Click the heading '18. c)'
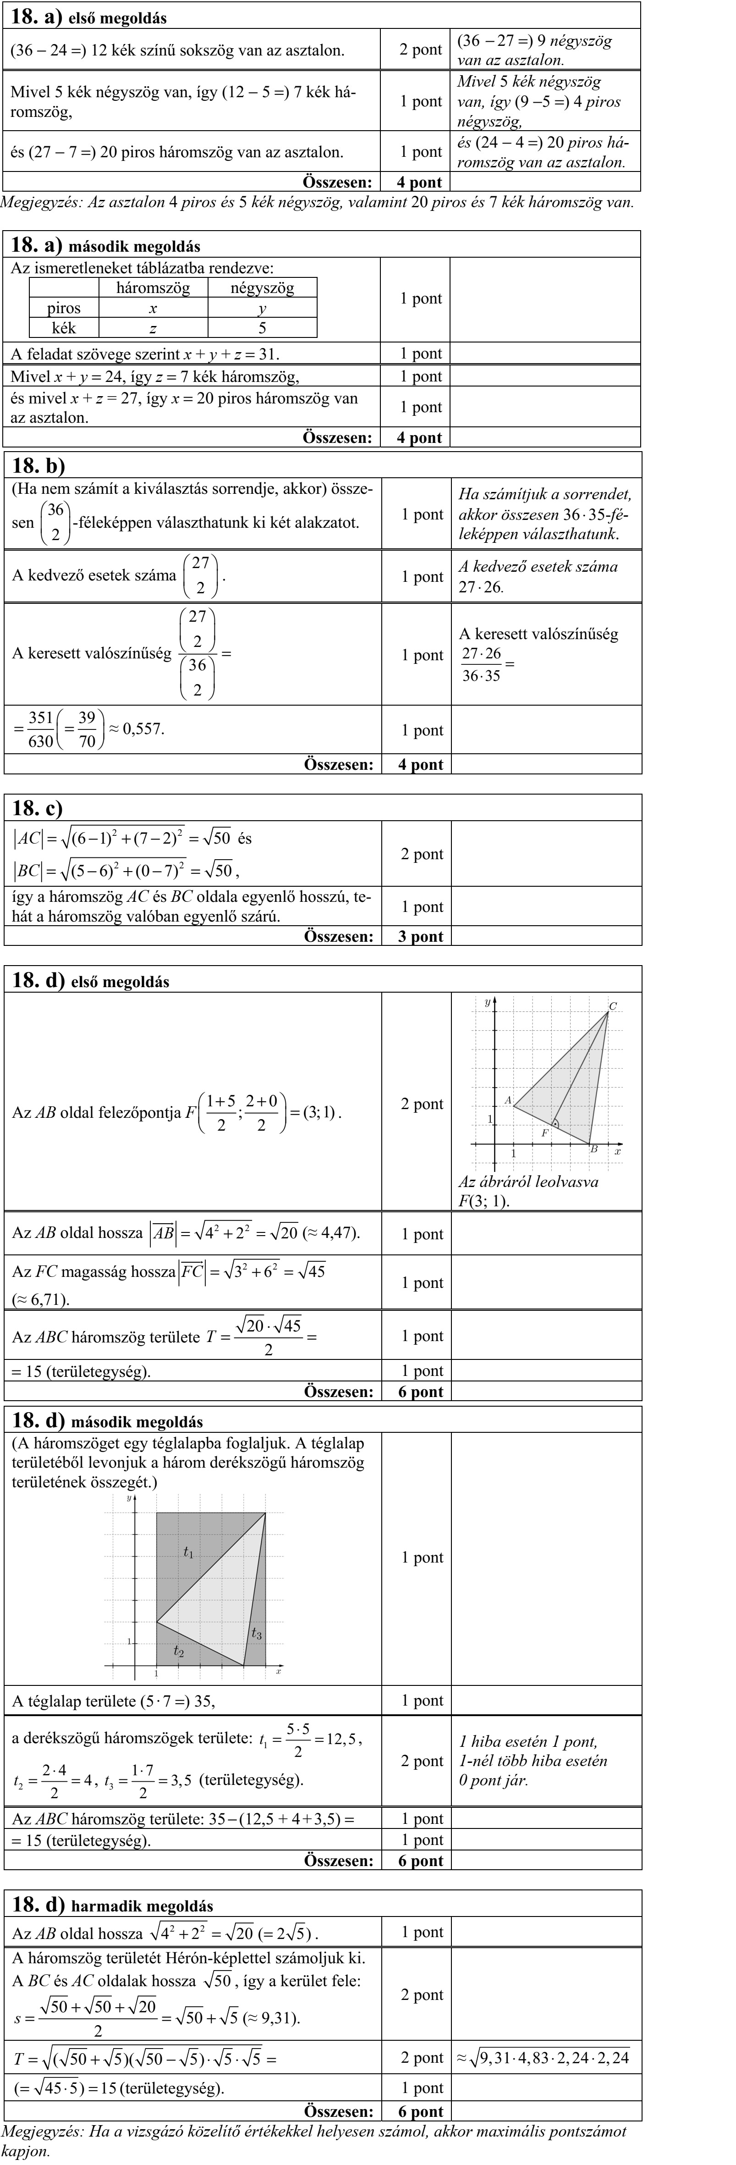38,808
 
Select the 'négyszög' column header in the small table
262,288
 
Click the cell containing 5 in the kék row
262,328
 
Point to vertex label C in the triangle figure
612,1006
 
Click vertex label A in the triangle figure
507,1099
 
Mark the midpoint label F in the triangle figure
544,1132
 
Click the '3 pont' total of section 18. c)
420,936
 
